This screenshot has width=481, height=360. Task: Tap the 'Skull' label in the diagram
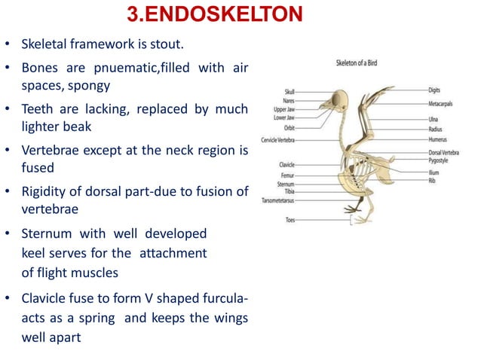[290, 90]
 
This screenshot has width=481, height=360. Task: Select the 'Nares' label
[289, 100]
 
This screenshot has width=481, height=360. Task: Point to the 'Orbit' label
[289, 127]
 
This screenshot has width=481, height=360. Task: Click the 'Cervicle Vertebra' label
[277, 140]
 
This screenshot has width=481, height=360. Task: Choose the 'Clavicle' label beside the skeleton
[286, 164]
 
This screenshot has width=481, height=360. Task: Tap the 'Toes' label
[290, 220]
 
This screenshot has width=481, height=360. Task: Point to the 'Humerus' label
[440, 139]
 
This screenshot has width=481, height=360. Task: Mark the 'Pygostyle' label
[440, 160]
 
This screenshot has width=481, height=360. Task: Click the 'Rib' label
[433, 181]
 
